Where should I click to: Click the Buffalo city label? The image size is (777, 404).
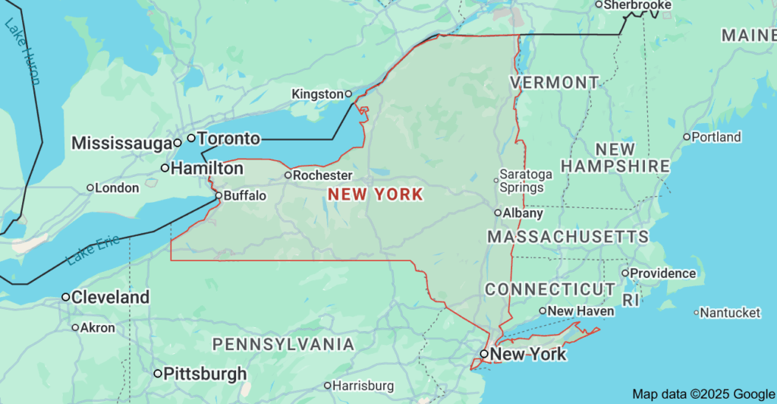[x=245, y=196]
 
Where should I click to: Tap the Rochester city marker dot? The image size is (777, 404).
[x=288, y=175]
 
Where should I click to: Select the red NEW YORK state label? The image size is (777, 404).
[x=375, y=194]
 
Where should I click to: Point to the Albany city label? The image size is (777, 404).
[x=523, y=213]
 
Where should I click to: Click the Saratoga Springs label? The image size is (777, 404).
[x=527, y=181]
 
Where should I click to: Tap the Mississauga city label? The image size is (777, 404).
[x=121, y=143]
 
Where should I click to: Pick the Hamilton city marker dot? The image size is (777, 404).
[x=165, y=168]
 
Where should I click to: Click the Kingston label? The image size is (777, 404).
[x=317, y=94]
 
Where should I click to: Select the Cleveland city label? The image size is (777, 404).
[x=110, y=298]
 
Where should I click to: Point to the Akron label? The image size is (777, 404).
[x=97, y=328]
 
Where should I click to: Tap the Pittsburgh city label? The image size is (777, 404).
[x=205, y=374]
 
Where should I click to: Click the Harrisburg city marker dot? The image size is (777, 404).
[x=327, y=386]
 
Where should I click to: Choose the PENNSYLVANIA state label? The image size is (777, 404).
[x=283, y=345]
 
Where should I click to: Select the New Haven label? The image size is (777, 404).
[x=580, y=311]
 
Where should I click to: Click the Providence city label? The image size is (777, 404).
[x=662, y=273]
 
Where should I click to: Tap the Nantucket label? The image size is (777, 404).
[x=730, y=313]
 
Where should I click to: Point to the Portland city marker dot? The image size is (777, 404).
[x=687, y=137]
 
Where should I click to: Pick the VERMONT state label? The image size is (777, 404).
[x=554, y=82]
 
